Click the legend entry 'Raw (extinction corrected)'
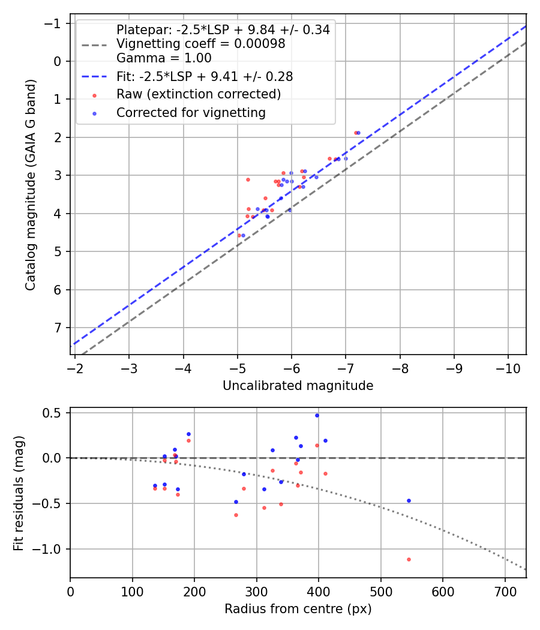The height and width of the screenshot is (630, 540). [x=198, y=94]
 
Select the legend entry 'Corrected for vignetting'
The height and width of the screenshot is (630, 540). [x=191, y=112]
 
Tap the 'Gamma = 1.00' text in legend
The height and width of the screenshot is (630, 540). [x=164, y=58]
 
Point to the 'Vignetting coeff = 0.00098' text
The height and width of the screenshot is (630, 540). [x=200, y=44]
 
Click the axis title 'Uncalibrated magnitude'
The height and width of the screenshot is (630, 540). [x=298, y=386]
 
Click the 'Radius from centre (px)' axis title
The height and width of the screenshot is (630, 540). [x=298, y=609]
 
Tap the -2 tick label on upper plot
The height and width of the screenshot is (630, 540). [x=75, y=367]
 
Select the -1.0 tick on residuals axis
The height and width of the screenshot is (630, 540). [x=52, y=549]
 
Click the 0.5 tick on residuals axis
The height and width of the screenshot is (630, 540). [x=55, y=413]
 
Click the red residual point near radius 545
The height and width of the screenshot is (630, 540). [x=409, y=559]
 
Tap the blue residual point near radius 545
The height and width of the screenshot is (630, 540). [x=409, y=500]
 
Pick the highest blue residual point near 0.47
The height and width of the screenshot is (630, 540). [x=317, y=415]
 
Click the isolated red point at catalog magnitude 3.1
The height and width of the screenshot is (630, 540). [x=248, y=179]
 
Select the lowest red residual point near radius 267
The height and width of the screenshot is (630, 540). [x=236, y=515]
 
